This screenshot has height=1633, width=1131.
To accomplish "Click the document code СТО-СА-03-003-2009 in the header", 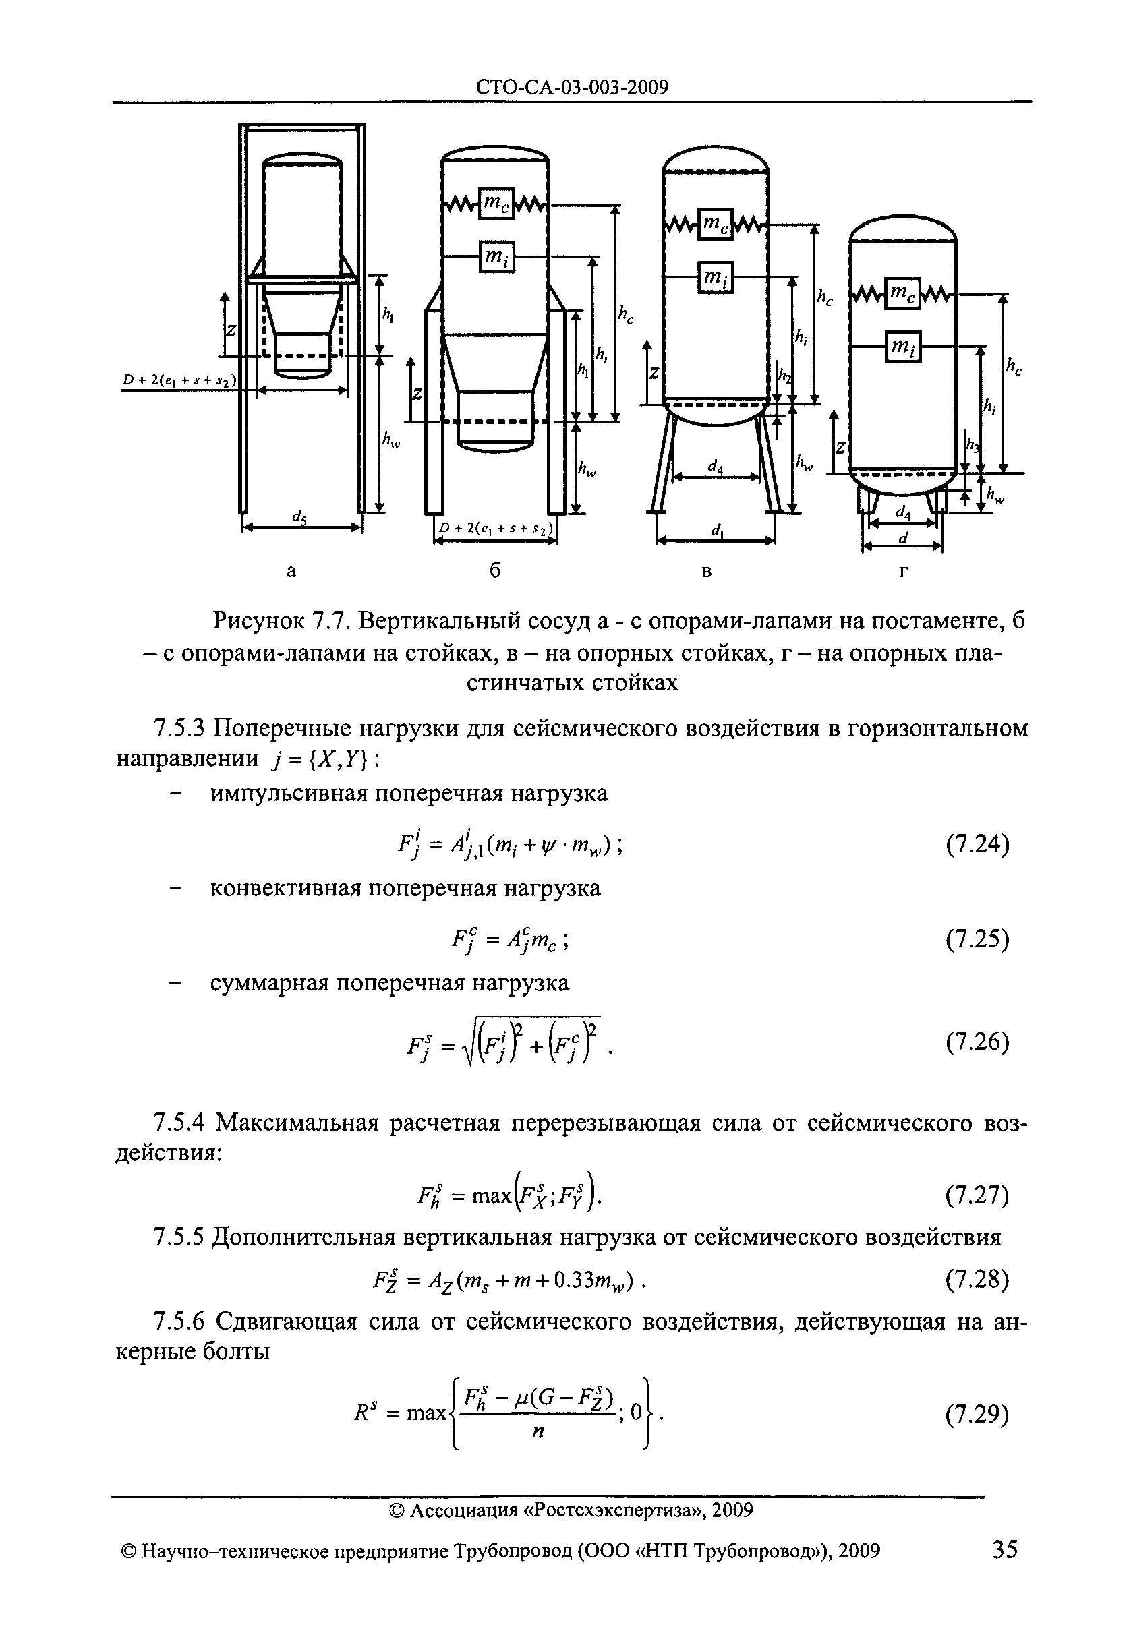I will click(x=572, y=87).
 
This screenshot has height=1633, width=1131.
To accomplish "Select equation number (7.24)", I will click(x=977, y=845).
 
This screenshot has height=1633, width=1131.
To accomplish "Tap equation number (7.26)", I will click(x=977, y=1044).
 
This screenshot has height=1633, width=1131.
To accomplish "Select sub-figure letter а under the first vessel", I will click(x=291, y=571).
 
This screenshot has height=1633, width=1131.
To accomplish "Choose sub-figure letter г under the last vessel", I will click(x=903, y=571).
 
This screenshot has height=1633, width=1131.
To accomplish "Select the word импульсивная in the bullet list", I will click(x=289, y=794).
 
